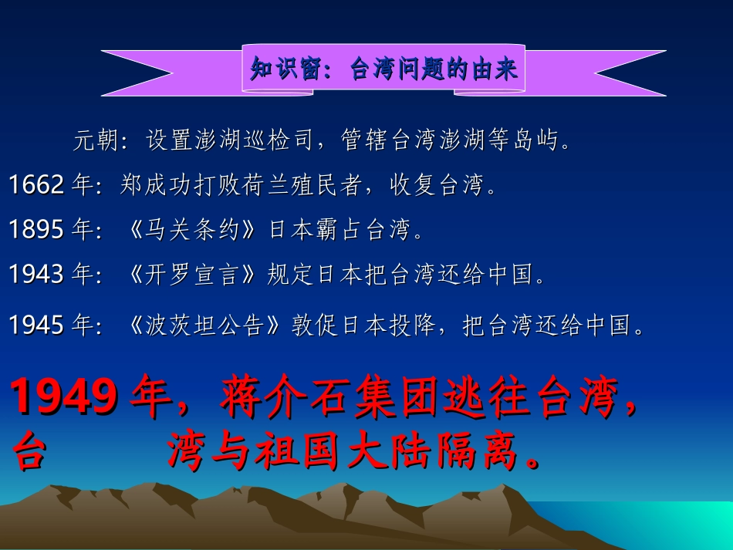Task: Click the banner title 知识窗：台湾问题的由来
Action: click(x=383, y=69)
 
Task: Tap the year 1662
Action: click(x=36, y=186)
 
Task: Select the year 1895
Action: click(x=36, y=230)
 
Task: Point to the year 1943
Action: click(x=36, y=274)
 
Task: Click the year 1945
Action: click(x=36, y=326)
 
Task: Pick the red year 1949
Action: click(x=66, y=398)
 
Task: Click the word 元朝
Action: click(x=96, y=141)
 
